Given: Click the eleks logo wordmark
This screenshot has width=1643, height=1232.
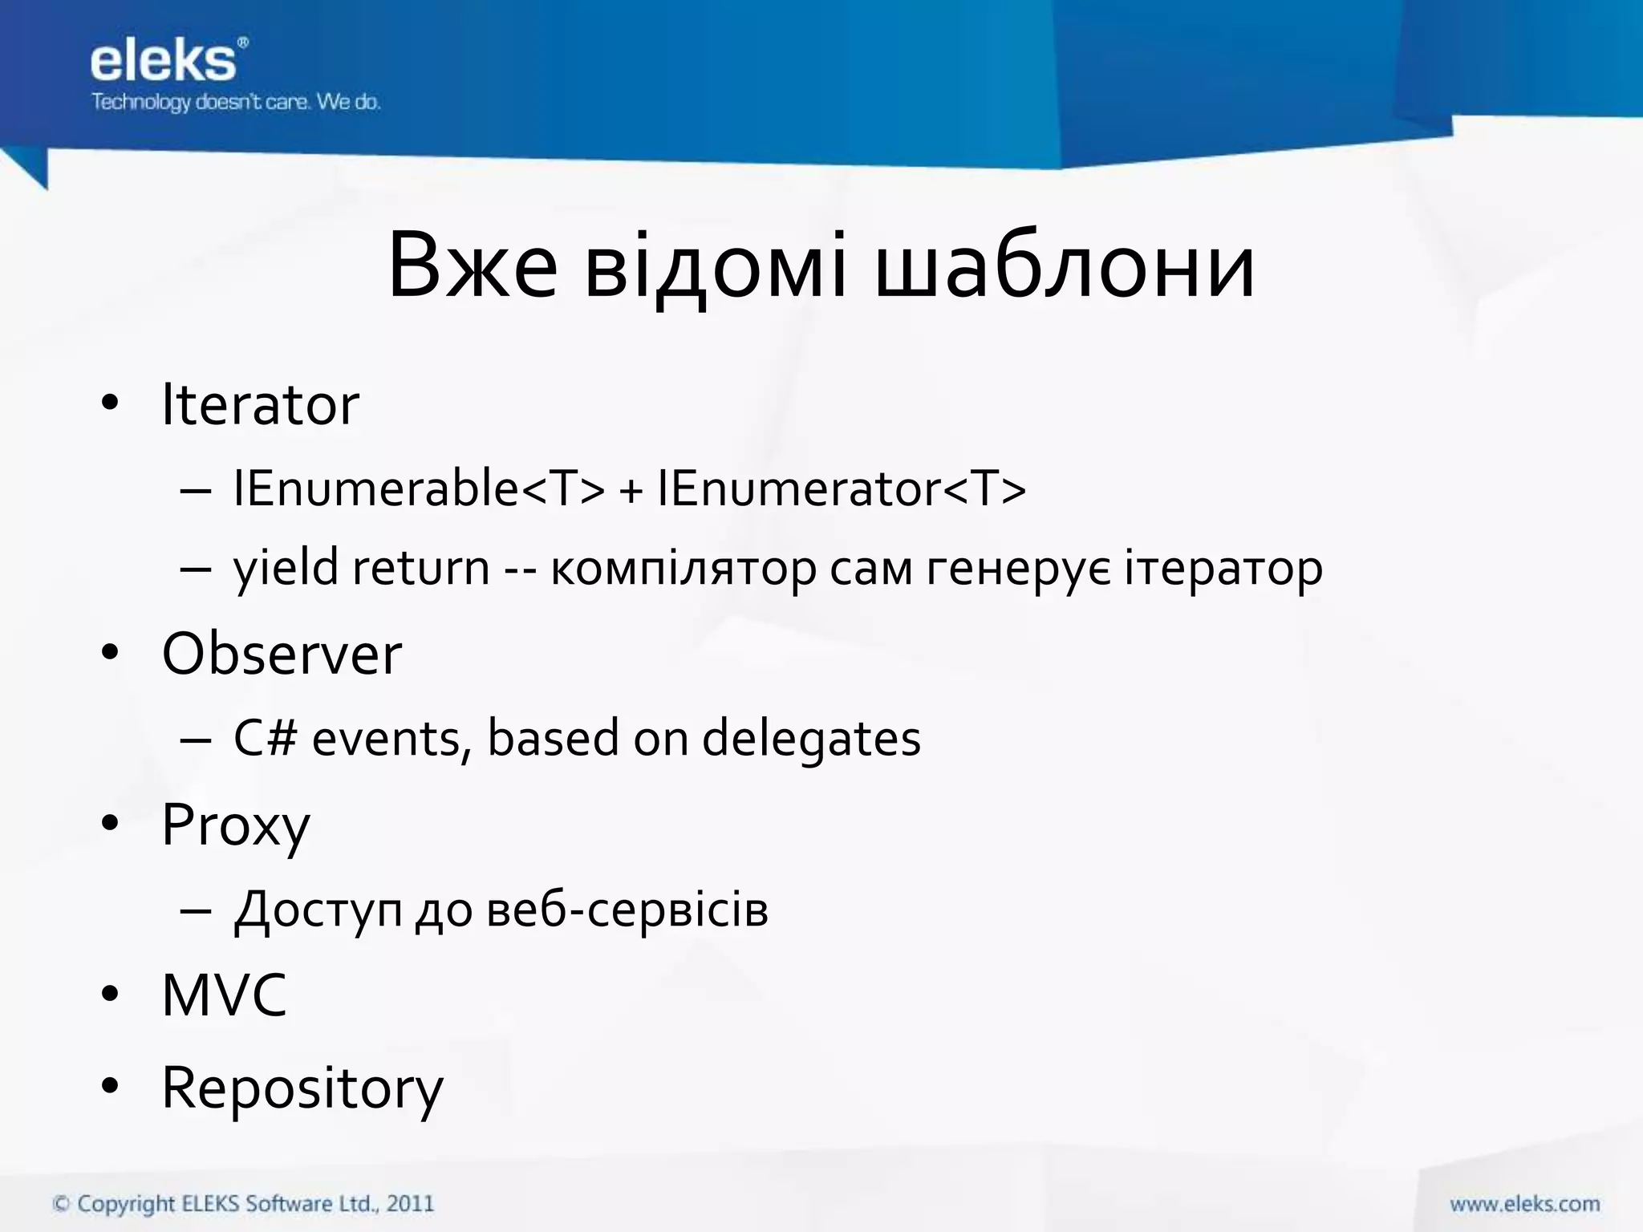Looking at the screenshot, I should pos(164,62).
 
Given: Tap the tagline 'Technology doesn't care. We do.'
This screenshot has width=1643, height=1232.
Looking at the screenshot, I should pos(235,102).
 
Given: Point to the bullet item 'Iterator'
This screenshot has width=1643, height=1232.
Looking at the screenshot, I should pos(260,405).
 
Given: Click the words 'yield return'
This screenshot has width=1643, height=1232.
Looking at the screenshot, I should pos(361,568).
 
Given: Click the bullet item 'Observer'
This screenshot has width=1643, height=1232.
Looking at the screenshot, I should pos(282,654).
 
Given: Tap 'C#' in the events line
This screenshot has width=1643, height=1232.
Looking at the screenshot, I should pos(265,737).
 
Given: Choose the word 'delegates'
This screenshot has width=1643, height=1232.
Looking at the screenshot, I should pos(811,739).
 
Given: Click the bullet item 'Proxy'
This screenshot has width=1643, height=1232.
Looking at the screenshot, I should pos(235,825).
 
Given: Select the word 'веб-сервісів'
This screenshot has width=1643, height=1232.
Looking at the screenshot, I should pos(627,910).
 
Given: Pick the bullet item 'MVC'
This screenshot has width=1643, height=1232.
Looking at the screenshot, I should pos(224,995).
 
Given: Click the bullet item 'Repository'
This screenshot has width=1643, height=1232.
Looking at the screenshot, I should pos(302,1088).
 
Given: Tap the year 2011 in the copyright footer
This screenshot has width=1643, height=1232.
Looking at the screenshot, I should pos(410,1203).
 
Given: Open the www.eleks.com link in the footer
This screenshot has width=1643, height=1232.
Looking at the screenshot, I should pos(1524,1204).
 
